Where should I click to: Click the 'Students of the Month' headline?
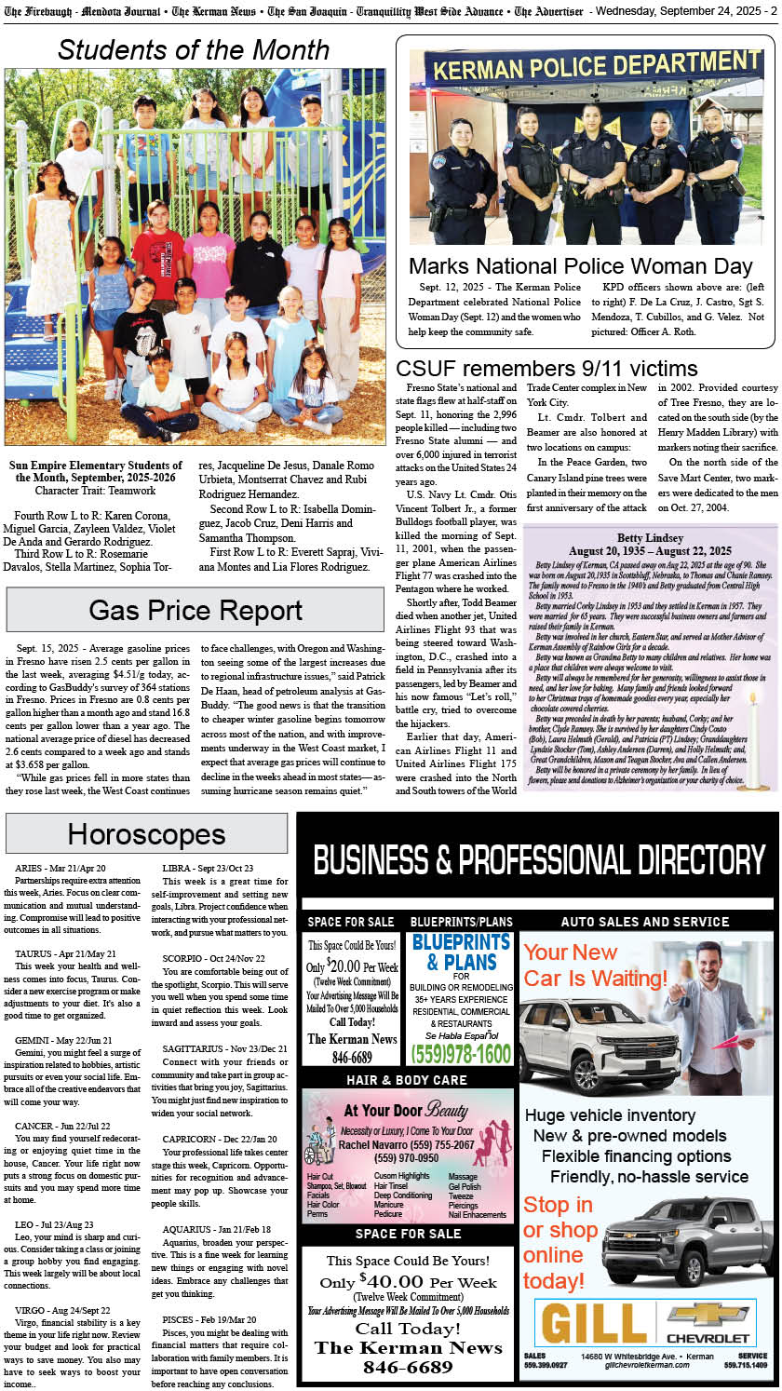pyautogui.click(x=194, y=49)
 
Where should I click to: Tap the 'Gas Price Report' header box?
pyautogui.click(x=195, y=610)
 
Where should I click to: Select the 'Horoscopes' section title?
pyautogui.click(x=146, y=833)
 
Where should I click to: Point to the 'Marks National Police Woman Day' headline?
pyautogui.click(x=580, y=266)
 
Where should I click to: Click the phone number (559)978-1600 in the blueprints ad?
pyautogui.click(x=462, y=1053)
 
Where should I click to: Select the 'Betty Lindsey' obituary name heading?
pyautogui.click(x=650, y=538)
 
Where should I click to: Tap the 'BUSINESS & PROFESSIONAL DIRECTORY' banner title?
pyautogui.click(x=539, y=859)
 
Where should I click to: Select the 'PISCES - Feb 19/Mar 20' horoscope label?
pyautogui.click(x=209, y=1319)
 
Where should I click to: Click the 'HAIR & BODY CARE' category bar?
pyautogui.click(x=407, y=1080)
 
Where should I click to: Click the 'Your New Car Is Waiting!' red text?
pyautogui.click(x=596, y=965)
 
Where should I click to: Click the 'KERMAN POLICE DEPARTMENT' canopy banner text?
pyautogui.click(x=584, y=69)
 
